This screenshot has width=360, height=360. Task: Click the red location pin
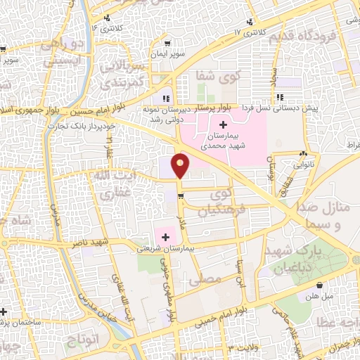coord(181,166)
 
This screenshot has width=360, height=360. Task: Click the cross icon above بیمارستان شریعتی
coord(166,237)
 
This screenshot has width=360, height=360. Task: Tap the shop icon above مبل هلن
coord(321,285)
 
